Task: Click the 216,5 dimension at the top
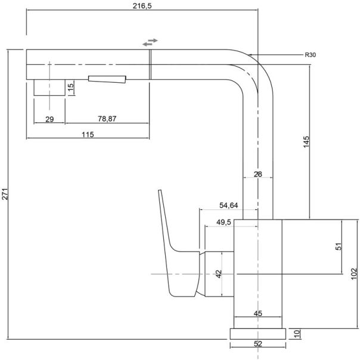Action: pos(142,5)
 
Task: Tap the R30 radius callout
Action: pos(310,55)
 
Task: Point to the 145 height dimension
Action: pos(306,142)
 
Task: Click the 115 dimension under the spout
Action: pos(87,134)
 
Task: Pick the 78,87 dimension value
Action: pos(107,119)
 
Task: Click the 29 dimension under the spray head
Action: pos(49,119)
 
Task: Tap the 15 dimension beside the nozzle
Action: pos(70,88)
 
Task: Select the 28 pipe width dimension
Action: pos(258,173)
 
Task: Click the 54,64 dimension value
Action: pos(229,206)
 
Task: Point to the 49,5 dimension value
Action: pos(224,222)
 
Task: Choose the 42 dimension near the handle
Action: pos(218,274)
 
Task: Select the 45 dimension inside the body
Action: pos(258,313)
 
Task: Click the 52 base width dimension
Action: pos(258,343)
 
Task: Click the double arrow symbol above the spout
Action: pos(150,41)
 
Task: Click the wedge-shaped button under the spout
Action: pos(108,79)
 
